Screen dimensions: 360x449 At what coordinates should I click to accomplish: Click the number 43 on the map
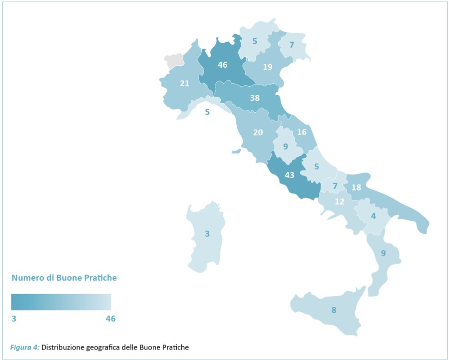tap(289, 175)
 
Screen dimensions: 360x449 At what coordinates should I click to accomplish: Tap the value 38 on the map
tap(254, 98)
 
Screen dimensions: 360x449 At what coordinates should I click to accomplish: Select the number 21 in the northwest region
tap(185, 83)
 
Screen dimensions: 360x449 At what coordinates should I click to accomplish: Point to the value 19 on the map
tap(268, 67)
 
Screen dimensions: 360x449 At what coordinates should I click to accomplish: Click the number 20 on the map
tap(258, 133)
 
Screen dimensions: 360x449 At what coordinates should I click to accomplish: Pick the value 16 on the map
tap(302, 132)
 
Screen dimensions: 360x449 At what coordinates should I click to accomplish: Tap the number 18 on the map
tap(356, 188)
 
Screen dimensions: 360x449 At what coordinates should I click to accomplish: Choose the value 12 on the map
tap(339, 201)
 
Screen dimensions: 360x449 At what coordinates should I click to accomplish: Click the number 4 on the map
tap(373, 216)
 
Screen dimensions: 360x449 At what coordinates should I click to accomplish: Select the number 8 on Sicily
tap(334, 310)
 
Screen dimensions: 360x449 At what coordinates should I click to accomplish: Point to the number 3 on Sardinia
tap(207, 234)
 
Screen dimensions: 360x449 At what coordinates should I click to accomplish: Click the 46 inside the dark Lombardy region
tap(222, 65)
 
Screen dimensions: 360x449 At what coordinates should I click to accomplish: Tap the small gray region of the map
tap(174, 60)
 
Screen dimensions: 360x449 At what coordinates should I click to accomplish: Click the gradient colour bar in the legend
tap(61, 302)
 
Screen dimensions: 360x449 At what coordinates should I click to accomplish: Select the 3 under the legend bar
tap(14, 319)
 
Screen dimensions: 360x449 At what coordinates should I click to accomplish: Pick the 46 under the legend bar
tap(110, 319)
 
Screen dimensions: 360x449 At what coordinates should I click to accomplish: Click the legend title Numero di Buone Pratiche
tap(64, 278)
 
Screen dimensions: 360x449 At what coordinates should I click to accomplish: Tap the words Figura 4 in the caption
tap(25, 348)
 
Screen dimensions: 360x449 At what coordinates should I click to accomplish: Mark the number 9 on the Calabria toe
tap(383, 253)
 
